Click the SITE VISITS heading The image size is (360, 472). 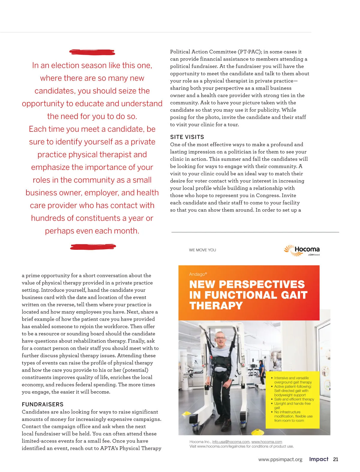[x=187, y=137]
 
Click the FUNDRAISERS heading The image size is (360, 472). [x=43, y=404]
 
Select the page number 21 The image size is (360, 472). [x=335, y=459]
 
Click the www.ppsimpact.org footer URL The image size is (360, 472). [x=280, y=459]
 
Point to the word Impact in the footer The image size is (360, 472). [x=319, y=459]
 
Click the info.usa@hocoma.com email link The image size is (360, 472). [x=231, y=442]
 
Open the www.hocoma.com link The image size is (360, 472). [x=266, y=442]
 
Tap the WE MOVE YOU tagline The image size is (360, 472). [x=202, y=250]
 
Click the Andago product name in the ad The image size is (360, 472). [x=198, y=274]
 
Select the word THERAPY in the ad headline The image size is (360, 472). [x=216, y=306]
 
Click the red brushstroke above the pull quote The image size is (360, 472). [x=92, y=52]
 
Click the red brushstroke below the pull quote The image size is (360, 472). [x=93, y=247]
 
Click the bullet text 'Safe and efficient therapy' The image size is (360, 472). [x=294, y=399]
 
